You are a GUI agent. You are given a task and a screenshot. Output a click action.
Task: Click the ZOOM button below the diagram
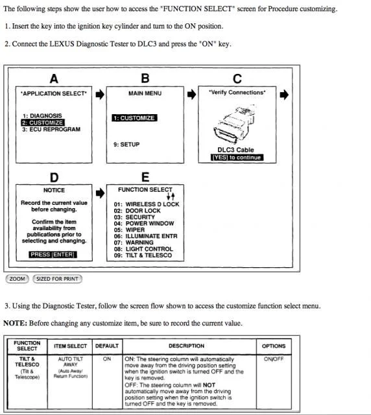(18, 279)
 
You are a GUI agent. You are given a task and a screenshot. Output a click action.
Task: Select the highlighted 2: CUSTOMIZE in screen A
(43, 123)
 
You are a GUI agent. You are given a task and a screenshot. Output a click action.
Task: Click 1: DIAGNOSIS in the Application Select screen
(42, 115)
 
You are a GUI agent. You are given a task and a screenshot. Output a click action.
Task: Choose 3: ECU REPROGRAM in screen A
(51, 130)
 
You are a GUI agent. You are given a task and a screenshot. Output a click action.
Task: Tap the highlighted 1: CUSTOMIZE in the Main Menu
(134, 118)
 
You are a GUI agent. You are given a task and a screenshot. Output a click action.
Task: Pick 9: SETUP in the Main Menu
(126, 145)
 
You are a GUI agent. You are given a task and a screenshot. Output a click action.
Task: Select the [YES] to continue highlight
(237, 158)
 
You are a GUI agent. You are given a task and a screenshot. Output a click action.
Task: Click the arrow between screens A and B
(100, 94)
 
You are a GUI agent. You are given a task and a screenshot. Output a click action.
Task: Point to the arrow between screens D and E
(100, 193)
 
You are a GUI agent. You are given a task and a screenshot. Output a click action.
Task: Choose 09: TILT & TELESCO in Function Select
(143, 255)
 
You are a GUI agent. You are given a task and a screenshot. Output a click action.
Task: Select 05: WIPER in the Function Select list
(130, 230)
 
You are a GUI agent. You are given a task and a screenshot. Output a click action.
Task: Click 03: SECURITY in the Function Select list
(134, 217)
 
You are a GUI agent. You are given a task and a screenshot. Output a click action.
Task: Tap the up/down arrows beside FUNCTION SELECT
(171, 196)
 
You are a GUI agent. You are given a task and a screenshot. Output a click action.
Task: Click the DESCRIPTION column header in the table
(186, 346)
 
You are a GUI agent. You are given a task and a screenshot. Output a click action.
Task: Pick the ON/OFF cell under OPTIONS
(274, 359)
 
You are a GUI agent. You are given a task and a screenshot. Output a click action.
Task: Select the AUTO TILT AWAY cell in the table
(71, 362)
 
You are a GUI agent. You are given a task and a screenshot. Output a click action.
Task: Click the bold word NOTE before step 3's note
(15, 323)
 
